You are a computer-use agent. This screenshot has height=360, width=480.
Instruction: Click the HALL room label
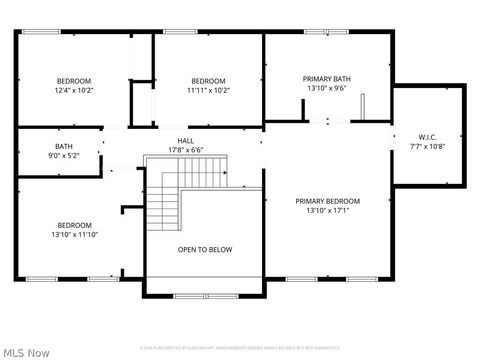pyautogui.click(x=186, y=141)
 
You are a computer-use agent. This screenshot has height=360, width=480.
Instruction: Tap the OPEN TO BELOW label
pyautogui.click(x=205, y=250)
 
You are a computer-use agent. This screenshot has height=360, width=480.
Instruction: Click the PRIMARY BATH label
pyautogui.click(x=327, y=78)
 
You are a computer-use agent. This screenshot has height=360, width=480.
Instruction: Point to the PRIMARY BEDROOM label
pyautogui.click(x=327, y=201)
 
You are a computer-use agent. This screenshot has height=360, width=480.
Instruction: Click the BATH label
pyautogui.click(x=64, y=146)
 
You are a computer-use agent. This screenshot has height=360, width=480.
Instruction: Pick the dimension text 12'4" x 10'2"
pyautogui.click(x=73, y=90)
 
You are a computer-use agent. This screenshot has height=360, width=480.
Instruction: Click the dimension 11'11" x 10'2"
pyautogui.click(x=208, y=90)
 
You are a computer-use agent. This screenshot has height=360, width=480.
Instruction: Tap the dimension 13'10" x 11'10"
pyautogui.click(x=76, y=234)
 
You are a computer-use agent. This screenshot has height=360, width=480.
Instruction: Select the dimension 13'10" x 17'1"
pyautogui.click(x=327, y=211)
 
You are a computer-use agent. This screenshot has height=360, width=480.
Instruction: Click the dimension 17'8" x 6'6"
pyautogui.click(x=186, y=150)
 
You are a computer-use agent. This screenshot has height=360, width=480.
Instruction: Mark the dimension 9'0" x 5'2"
pyautogui.click(x=64, y=156)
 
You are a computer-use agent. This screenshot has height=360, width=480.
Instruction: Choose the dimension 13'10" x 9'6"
pyautogui.click(x=327, y=88)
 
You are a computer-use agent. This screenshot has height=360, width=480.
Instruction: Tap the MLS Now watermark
pyautogui.click(x=27, y=352)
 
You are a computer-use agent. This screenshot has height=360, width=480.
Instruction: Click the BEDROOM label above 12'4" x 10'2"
pyautogui.click(x=73, y=81)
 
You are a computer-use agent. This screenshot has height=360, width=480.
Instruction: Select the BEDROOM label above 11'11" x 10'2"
pyautogui.click(x=208, y=81)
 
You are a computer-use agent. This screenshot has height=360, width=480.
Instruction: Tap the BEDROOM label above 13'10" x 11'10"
pyautogui.click(x=75, y=225)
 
